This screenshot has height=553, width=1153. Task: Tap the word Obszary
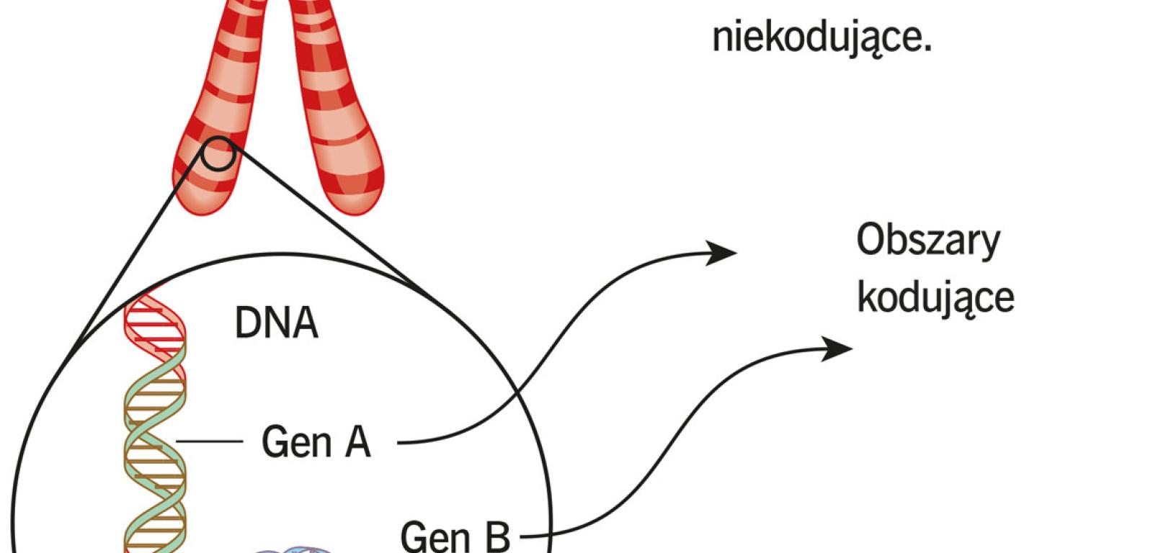coord(927,241)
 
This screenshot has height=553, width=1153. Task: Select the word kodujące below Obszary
coord(935,297)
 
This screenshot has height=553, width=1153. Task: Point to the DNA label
coord(276,323)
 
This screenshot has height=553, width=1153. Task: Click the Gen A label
coord(316,441)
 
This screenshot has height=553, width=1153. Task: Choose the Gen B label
coord(455,536)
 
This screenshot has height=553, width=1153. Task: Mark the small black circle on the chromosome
coord(217,153)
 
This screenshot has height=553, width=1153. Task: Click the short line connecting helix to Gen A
coord(208,441)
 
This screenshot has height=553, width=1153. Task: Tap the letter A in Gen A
coord(357,441)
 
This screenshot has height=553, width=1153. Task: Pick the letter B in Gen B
coord(497,536)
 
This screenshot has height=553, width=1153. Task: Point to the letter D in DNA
coord(247,323)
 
